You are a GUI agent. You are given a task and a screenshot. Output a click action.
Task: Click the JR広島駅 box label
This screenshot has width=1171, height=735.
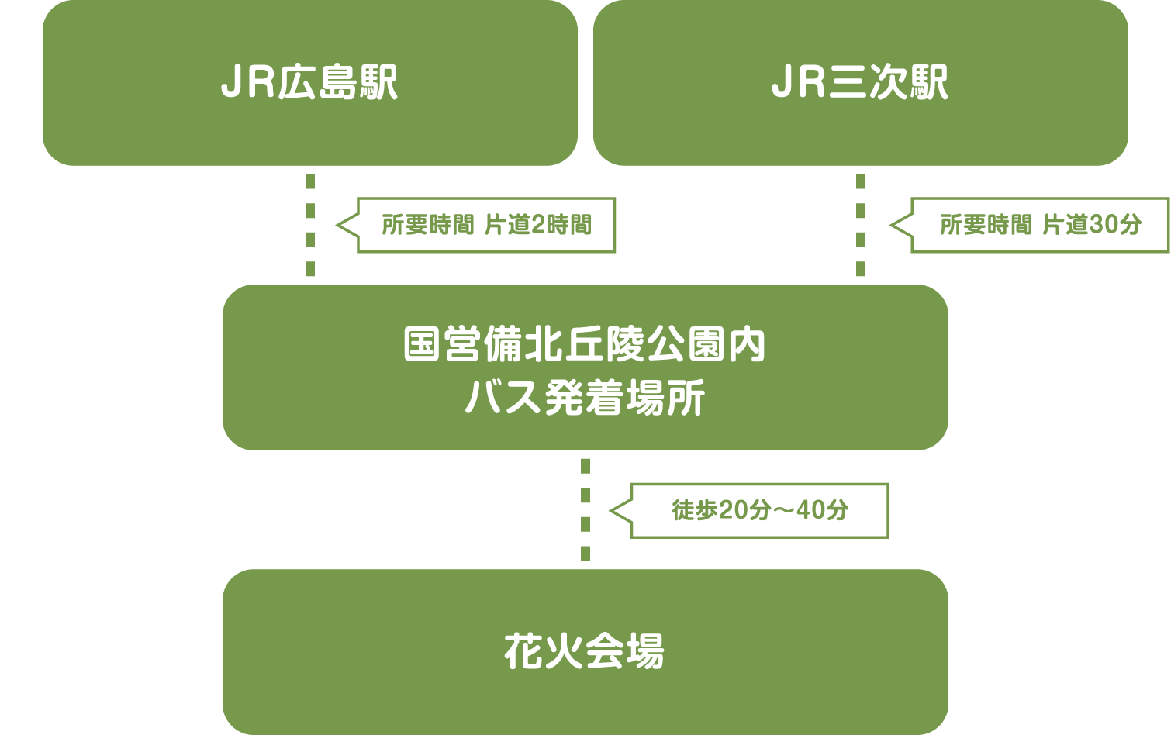click(309, 83)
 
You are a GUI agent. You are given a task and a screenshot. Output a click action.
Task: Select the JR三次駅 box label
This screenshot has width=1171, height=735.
click(860, 83)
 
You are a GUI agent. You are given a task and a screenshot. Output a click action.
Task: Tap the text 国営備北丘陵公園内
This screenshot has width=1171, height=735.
click(585, 345)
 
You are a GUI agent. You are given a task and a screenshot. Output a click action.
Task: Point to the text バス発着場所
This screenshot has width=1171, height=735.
click(585, 399)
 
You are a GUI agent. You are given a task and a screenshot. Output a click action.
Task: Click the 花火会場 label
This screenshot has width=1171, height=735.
click(585, 651)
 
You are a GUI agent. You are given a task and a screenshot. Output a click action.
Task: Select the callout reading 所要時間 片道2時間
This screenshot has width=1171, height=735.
click(486, 225)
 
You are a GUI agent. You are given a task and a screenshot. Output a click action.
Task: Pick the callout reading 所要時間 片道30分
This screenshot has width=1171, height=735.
click(1040, 225)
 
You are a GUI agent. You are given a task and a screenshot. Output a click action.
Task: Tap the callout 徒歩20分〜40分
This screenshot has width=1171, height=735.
click(759, 510)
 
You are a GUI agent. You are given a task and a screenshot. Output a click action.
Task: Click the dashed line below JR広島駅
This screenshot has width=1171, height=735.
click(310, 225)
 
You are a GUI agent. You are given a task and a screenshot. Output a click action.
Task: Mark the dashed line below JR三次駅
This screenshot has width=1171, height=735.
click(861, 225)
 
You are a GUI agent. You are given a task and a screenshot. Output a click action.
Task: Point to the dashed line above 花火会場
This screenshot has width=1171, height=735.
click(585, 509)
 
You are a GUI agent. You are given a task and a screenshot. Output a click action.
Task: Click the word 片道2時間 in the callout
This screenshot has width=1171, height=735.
click(537, 225)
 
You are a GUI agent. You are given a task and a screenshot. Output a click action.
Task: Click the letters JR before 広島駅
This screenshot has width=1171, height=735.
click(249, 83)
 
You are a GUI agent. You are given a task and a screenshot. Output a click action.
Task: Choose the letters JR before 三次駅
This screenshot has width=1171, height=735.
click(800, 83)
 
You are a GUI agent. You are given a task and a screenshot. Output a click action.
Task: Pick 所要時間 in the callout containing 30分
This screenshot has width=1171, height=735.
click(986, 225)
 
